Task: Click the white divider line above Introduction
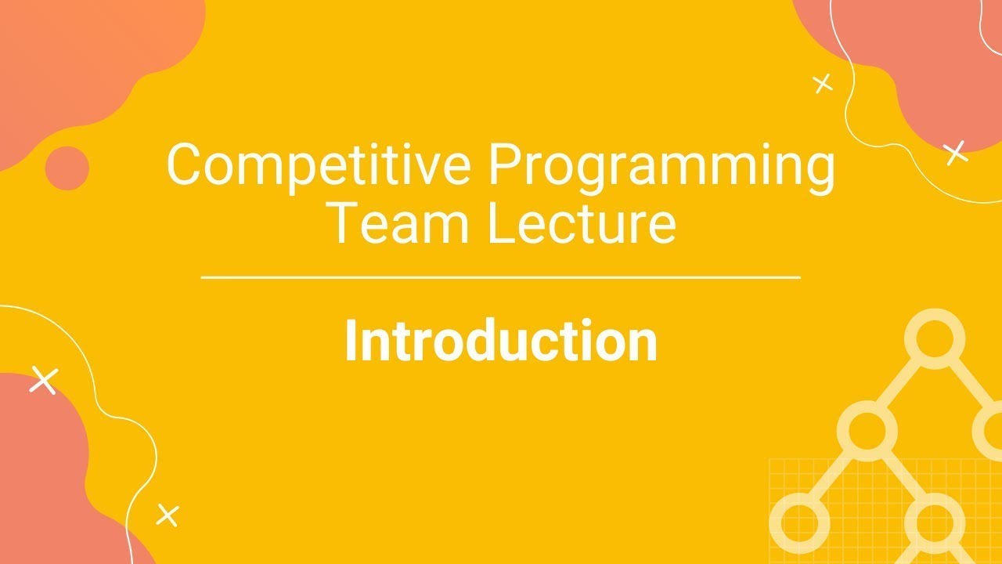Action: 501,277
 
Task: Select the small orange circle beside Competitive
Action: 67,168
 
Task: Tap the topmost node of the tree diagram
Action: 934,338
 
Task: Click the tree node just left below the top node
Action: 867,429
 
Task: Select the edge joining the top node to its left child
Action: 900,384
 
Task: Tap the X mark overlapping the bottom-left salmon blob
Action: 44,380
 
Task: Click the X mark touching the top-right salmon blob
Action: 956,153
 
